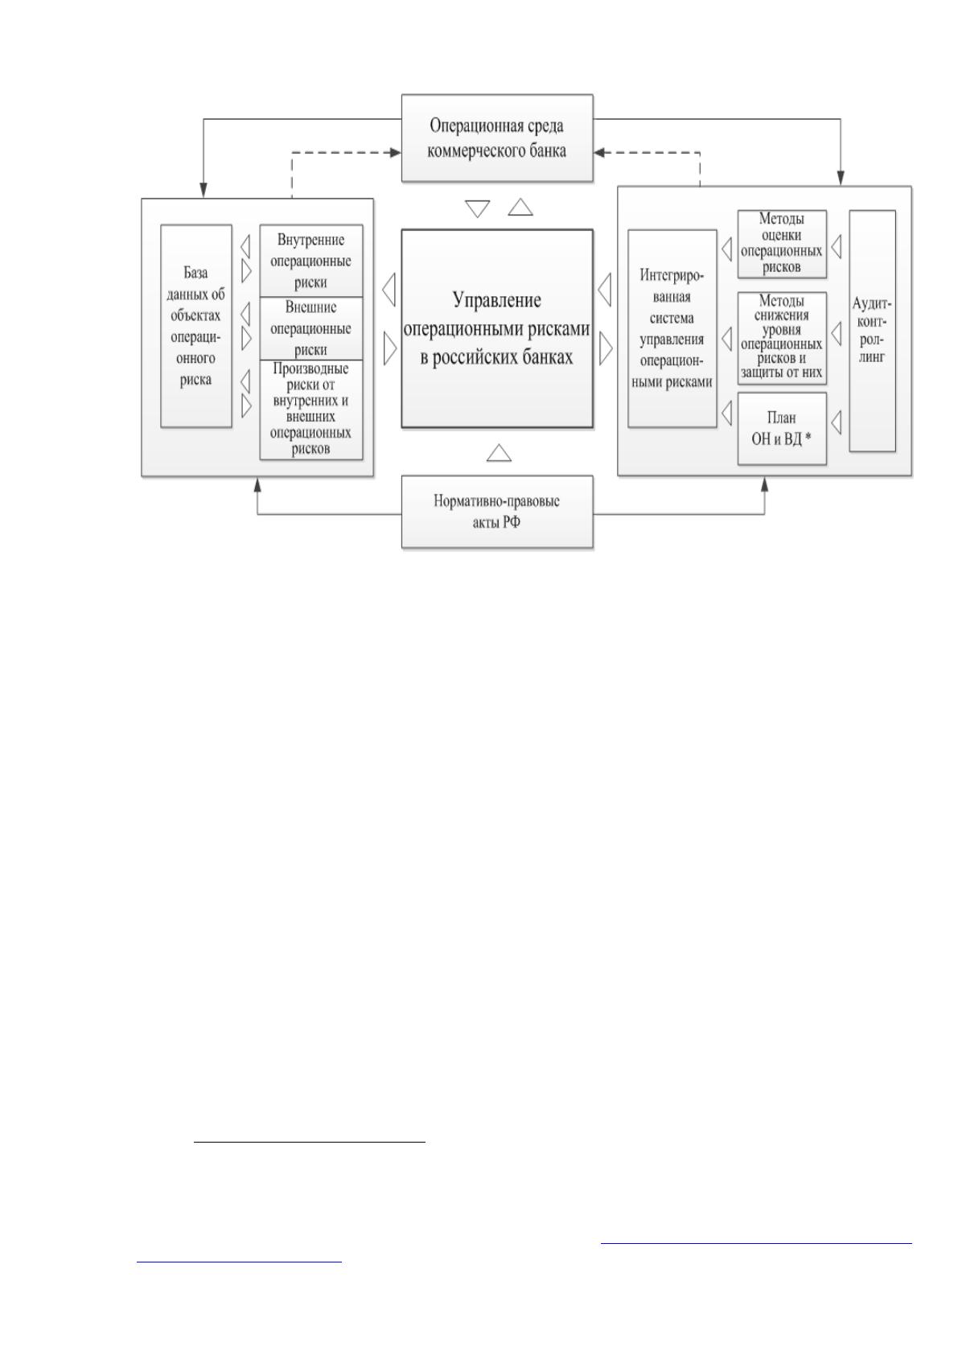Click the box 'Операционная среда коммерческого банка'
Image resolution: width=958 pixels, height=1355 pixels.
click(x=497, y=138)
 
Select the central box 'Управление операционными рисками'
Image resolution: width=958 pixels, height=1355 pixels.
click(x=497, y=328)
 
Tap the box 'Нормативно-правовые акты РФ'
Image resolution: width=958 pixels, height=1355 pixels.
click(x=497, y=512)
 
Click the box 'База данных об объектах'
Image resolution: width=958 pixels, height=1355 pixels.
click(x=196, y=326)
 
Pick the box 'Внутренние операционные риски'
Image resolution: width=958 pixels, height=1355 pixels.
click(x=310, y=261)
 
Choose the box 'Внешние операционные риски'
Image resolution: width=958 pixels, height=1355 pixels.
click(x=310, y=328)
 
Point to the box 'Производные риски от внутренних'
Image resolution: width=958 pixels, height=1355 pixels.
click(x=310, y=410)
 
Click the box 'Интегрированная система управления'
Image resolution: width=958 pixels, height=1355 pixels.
click(x=672, y=328)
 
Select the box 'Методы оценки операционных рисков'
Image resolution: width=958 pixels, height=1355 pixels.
click(x=782, y=244)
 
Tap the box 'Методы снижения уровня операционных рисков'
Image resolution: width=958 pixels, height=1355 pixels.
click(x=782, y=338)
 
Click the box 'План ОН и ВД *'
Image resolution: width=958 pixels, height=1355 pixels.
click(x=782, y=428)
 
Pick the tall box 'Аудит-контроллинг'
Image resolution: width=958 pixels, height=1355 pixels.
click(x=872, y=330)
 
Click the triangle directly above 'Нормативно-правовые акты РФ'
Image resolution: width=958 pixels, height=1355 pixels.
click(x=499, y=453)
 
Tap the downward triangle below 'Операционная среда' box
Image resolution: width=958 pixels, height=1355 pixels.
click(x=477, y=208)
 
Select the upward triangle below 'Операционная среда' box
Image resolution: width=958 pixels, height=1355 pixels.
click(x=520, y=207)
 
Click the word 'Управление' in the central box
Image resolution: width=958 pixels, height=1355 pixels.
click(x=497, y=301)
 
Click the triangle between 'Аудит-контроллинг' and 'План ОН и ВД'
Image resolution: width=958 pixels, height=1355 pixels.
click(x=837, y=422)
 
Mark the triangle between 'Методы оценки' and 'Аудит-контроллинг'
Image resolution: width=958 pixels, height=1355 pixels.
click(x=837, y=247)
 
